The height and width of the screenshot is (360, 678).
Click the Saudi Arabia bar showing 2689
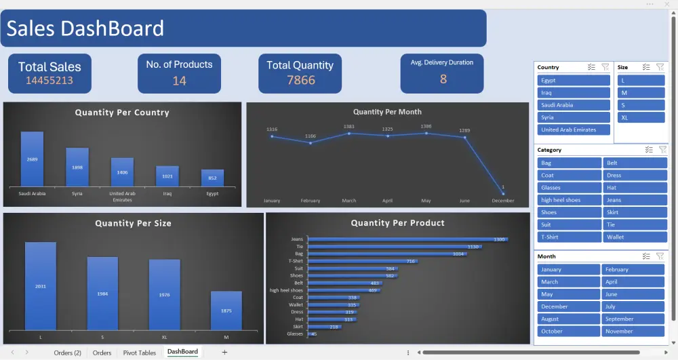[x=32, y=159]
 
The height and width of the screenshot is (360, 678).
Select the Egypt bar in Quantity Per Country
[x=212, y=178]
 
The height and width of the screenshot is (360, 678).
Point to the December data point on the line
[x=503, y=193]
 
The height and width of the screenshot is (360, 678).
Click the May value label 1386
[x=426, y=127]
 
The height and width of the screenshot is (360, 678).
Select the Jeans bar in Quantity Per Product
[x=407, y=239]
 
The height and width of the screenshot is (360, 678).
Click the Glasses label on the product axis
[x=295, y=334]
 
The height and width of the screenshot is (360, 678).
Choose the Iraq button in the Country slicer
[x=574, y=93]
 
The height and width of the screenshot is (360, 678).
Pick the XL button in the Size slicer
[x=641, y=117]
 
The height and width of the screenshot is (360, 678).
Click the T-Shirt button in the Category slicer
[x=569, y=237]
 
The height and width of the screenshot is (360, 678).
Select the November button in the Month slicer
[x=633, y=332]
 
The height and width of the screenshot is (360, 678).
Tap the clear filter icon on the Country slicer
[x=605, y=67]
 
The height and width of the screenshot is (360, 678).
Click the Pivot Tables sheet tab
[x=139, y=353]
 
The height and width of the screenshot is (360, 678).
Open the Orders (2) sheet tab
[x=68, y=353]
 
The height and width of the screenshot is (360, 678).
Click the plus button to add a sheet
[x=224, y=353]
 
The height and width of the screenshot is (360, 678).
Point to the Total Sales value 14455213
[x=49, y=81]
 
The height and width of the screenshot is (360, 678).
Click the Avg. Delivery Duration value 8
[x=443, y=79]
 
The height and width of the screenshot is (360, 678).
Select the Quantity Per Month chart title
[x=387, y=112]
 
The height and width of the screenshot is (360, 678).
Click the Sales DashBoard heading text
[x=85, y=28]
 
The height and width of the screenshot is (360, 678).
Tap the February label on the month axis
[x=310, y=201]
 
